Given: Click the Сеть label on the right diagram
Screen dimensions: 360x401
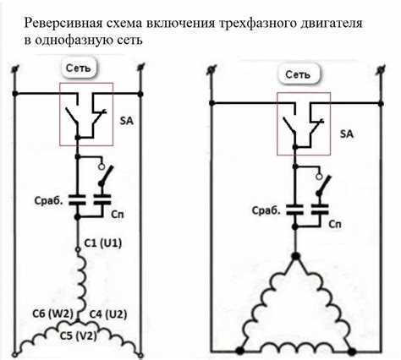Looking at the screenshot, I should tap(298, 74).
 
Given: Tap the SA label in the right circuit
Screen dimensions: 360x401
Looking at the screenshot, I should tap(346, 134).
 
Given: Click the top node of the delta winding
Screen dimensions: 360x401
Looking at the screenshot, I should tap(294, 254).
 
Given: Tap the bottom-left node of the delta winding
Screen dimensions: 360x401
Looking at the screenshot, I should tap(241, 348).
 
